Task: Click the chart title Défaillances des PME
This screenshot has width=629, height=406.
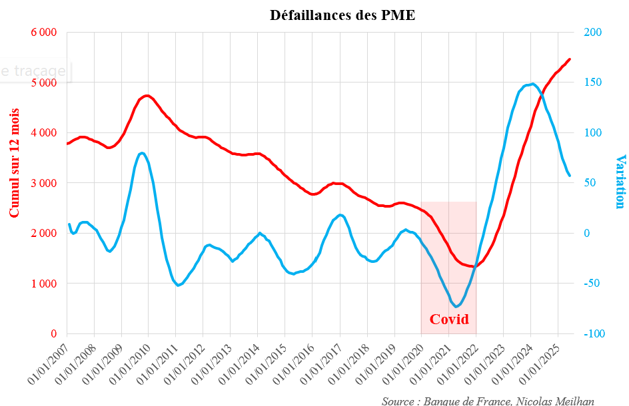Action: [x=342, y=15]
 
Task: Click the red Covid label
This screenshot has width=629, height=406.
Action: [x=449, y=319]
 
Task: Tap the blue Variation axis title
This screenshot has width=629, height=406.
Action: [x=620, y=181]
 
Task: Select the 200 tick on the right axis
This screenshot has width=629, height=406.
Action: [x=593, y=32]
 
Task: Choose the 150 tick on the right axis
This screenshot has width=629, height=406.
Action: [x=593, y=83]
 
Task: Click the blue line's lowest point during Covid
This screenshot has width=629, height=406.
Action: [x=456, y=306]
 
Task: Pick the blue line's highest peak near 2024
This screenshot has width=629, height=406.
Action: [x=532, y=84]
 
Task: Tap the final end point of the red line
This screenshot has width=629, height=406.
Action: [x=570, y=59]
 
